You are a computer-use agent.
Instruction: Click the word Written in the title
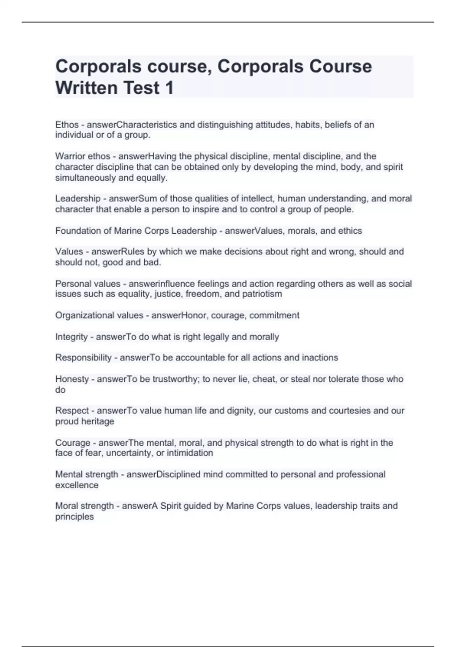coord(87,88)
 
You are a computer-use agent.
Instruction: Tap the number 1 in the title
coord(169,88)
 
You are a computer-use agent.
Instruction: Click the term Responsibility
coord(83,358)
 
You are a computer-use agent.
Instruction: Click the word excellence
coord(77,485)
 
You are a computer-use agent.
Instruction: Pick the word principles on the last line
coord(74,517)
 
